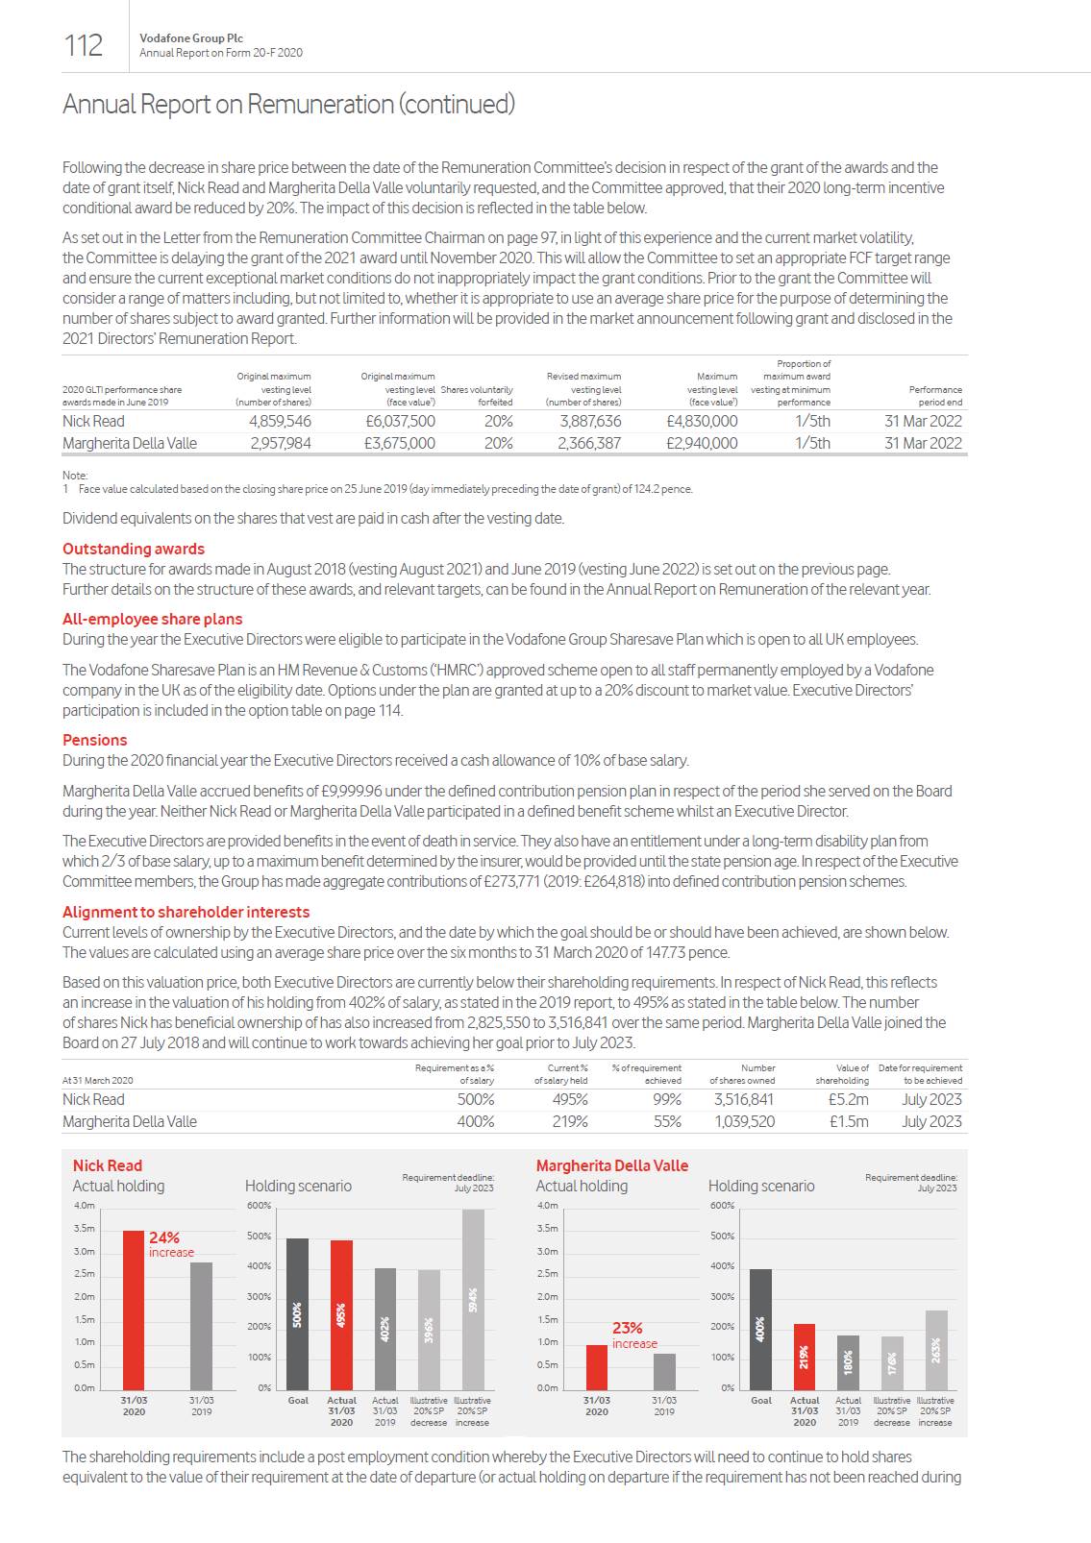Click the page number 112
click(83, 45)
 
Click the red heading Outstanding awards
click(134, 549)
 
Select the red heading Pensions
click(94, 740)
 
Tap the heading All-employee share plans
click(152, 619)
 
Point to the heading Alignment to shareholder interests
click(186, 912)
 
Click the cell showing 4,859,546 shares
click(280, 421)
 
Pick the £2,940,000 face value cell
click(702, 443)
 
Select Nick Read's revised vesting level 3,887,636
click(589, 421)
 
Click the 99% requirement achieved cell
click(667, 1099)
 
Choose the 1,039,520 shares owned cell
click(743, 1121)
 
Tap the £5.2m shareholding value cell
click(848, 1099)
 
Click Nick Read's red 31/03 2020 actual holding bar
click(134, 1310)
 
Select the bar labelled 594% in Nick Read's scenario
click(473, 1299)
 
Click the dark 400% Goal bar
click(760, 1329)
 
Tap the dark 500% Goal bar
click(298, 1313)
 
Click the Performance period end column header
click(934, 396)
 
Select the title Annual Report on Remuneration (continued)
click(288, 104)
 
